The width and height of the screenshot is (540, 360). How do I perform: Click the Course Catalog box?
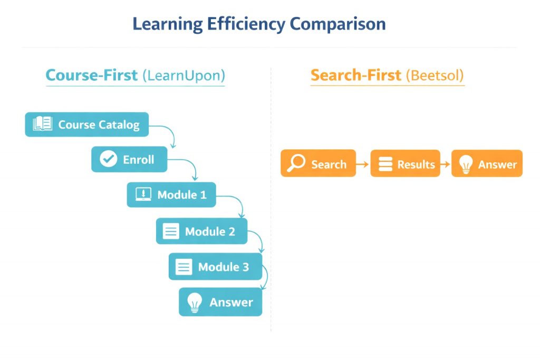pos(87,124)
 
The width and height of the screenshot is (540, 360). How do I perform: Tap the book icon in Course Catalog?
pos(42,124)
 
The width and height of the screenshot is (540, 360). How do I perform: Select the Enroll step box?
pos(129,159)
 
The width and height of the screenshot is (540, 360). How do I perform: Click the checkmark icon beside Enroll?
pos(108,159)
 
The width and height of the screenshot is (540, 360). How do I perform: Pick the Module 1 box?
pos(171,194)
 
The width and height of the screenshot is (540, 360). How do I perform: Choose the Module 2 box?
pos(201,231)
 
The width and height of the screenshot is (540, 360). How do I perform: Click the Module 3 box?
pos(215,267)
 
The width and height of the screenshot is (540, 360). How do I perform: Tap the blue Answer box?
pos(220,302)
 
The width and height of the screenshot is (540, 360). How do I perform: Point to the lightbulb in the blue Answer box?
pos(195,302)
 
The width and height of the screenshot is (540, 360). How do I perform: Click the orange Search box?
pos(318,163)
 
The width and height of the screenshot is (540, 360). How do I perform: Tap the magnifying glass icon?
pos(297,163)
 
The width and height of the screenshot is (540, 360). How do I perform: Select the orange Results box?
pos(405,163)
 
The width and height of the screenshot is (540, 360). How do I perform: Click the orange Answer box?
pos(487,163)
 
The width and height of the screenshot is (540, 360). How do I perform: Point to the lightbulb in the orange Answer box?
pos(466,164)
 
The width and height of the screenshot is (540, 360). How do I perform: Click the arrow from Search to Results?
pos(363,164)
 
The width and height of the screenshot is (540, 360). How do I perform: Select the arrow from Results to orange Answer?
pos(445,164)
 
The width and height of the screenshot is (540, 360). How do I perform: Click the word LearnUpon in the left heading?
pos(184,75)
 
